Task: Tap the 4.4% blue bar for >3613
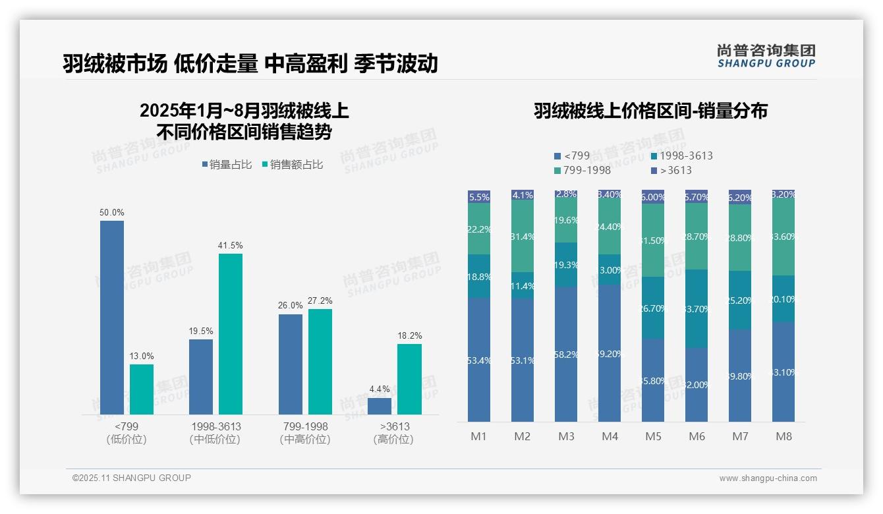pos(380,406)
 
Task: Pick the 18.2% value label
pos(410,335)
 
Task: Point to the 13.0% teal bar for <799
pos(142,389)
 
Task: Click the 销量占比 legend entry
pos(227,165)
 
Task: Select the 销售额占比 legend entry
pos(292,165)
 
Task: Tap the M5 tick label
pos(653,436)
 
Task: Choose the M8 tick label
pos(783,436)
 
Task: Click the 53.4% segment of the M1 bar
pos(479,360)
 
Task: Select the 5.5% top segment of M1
pos(479,196)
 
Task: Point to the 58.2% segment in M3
pos(566,355)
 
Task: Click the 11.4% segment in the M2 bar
pos(523,285)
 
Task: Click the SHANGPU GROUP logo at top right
pos(766,56)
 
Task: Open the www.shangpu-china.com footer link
pos(768,478)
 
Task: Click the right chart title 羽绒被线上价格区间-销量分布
pos(650,111)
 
